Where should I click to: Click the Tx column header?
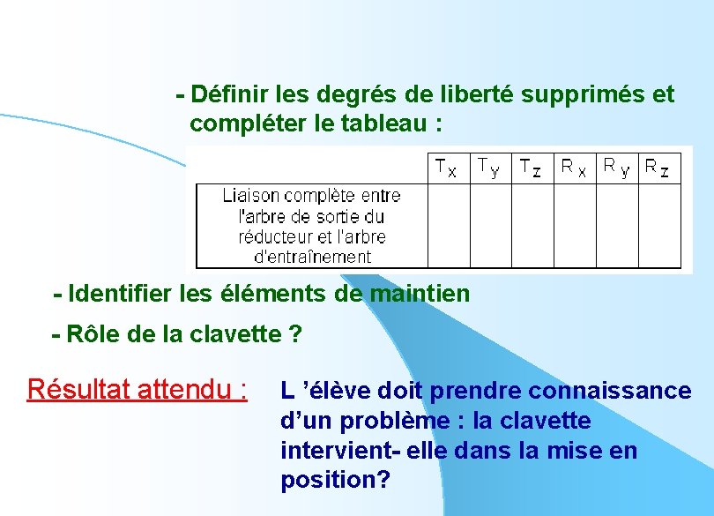tap(447, 167)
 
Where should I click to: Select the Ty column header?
tap(488, 167)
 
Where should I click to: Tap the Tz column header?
tap(531, 167)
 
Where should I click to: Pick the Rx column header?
tap(574, 167)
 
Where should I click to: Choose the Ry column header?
tap(616, 167)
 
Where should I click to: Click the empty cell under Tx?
tap(448, 225)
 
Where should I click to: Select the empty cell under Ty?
tap(490, 225)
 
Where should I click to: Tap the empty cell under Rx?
tap(575, 225)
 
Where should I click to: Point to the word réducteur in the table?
tap(274, 236)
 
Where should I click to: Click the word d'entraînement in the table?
tap(312, 257)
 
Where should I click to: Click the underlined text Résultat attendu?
tap(137, 389)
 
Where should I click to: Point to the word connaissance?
tap(616, 390)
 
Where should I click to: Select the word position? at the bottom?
tap(335, 481)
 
